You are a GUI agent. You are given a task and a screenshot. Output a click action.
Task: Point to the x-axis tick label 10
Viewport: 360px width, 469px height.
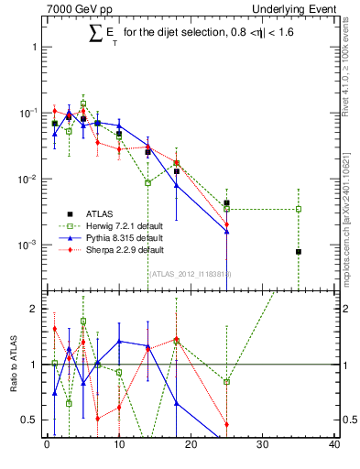[118, 446]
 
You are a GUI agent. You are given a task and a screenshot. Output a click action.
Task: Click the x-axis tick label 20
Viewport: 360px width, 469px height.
[191, 446]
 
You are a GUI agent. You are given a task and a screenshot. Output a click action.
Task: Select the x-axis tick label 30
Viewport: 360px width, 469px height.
[263, 446]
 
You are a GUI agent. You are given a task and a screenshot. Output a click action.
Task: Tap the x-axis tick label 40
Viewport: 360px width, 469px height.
[334, 446]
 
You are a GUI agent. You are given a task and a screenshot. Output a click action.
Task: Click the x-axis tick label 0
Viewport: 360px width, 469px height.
[47, 446]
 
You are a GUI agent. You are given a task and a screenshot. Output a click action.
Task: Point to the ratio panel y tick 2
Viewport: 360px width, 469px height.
[34, 309]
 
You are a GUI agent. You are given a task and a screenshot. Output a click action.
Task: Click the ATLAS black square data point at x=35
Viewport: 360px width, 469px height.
[299, 252]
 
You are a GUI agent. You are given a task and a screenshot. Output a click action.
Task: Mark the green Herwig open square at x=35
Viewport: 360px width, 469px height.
[299, 209]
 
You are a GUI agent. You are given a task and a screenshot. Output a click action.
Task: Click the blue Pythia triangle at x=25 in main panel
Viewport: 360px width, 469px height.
[226, 232]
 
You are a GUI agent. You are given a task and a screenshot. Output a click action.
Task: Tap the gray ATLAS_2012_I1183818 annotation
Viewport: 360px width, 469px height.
[190, 273]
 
